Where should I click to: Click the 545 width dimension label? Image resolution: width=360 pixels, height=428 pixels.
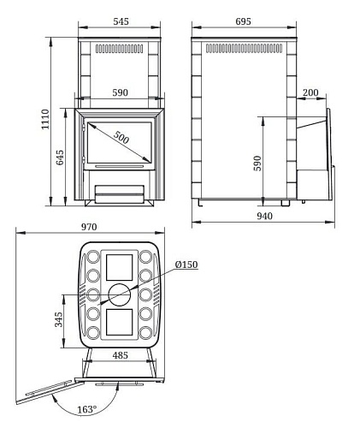[121, 21]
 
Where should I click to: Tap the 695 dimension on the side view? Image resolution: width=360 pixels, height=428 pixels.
[244, 21]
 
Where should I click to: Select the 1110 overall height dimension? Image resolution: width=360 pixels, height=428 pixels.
[45, 119]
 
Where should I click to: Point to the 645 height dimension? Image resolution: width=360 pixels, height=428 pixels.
[60, 158]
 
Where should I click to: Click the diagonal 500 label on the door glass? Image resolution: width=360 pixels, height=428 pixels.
[121, 137]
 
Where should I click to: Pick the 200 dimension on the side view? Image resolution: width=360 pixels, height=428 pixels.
[310, 92]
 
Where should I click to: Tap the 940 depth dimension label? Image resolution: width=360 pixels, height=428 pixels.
[265, 216]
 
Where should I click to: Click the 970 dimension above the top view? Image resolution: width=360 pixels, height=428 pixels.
[89, 227]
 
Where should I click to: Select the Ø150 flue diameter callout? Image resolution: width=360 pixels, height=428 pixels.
[186, 265]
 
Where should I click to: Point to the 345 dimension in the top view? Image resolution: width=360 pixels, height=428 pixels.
[59, 319]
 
